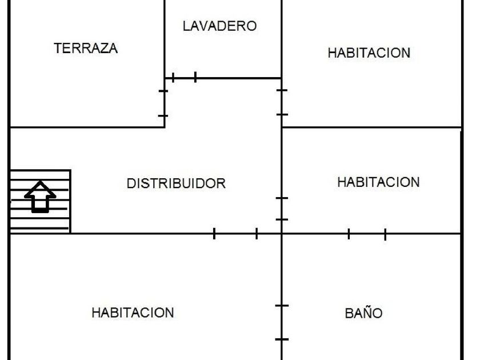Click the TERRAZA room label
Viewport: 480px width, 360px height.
tap(86, 49)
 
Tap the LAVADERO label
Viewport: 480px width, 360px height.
tap(220, 26)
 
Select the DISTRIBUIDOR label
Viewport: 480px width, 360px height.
tap(176, 183)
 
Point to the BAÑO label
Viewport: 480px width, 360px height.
tap(363, 313)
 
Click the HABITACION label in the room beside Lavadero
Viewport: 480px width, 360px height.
tap(369, 53)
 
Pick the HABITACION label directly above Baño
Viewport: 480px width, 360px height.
tap(378, 182)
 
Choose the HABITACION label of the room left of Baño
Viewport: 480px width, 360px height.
tap(133, 313)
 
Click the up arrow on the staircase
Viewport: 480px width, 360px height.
tap(40, 197)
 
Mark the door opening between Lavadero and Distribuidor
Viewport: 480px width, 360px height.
tap(184, 78)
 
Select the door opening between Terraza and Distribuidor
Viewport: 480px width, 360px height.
tap(164, 103)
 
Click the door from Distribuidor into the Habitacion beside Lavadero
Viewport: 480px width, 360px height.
tap(282, 102)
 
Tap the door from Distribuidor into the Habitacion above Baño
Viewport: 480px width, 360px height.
tap(282, 209)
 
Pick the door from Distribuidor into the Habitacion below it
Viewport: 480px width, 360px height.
tap(235, 234)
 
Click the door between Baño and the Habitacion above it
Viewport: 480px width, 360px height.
tap(367, 234)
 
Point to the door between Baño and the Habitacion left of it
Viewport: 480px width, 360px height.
tap(282, 322)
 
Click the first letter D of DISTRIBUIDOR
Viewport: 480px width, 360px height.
tap(131, 183)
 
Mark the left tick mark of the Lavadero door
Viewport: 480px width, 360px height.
tap(173, 78)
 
